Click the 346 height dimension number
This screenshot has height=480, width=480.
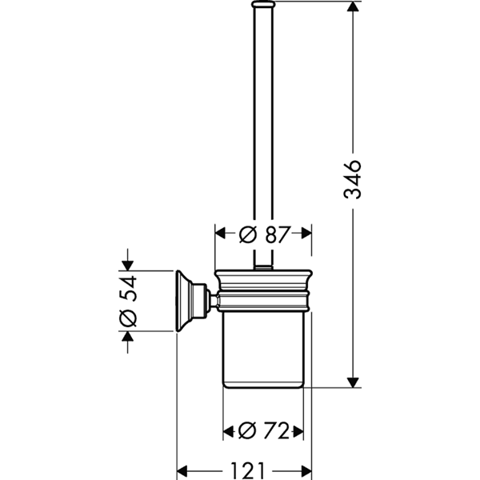coord(352,179)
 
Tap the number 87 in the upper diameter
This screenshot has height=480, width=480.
coord(277,234)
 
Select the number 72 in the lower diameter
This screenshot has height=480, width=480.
coord(277,430)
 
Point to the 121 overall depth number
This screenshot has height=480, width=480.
coord(247,470)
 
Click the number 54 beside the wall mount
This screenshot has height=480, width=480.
coord(128,288)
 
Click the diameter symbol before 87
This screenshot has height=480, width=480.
coord(247,234)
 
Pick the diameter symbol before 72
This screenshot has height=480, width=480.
coord(247,430)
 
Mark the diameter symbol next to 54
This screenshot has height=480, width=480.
coord(128,318)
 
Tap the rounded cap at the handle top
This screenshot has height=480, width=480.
coord(263,4)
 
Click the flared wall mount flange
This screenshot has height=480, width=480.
coord(184,301)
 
